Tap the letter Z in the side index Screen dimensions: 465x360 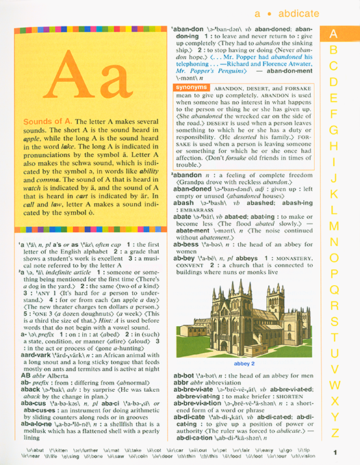click(x=334, y=432)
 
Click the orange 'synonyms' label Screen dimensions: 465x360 click(x=192, y=88)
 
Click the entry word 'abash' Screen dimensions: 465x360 click(x=183, y=203)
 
